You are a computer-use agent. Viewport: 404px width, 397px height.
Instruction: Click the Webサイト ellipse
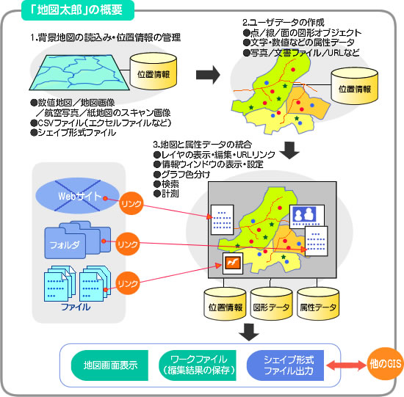(x=77, y=196)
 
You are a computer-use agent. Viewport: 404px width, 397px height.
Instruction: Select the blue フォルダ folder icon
(x=77, y=240)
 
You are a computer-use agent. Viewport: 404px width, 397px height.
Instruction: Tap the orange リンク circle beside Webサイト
(x=131, y=203)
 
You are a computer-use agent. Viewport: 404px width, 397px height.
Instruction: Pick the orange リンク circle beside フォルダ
(x=128, y=244)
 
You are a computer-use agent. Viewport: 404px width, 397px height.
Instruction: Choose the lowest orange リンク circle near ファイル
(x=128, y=283)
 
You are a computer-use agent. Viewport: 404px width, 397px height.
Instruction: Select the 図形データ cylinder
(x=271, y=304)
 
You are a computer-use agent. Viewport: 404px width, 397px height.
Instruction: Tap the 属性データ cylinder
(x=318, y=304)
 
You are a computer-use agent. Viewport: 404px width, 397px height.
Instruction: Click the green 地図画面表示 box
(x=109, y=365)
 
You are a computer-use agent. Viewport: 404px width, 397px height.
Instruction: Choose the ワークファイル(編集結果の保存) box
(x=198, y=365)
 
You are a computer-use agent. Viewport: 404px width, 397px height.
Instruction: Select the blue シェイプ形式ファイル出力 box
(x=285, y=365)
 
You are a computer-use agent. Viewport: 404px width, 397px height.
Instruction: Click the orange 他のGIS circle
(x=386, y=364)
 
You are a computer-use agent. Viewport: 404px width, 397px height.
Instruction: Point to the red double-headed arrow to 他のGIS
(x=346, y=365)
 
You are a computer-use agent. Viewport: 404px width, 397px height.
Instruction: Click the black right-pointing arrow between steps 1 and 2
(x=208, y=75)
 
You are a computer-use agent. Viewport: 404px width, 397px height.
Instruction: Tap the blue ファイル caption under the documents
(x=76, y=307)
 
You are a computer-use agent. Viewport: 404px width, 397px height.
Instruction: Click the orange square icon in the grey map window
(x=233, y=263)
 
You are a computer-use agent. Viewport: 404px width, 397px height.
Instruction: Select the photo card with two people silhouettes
(x=306, y=216)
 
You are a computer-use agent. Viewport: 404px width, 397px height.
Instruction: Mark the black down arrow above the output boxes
(x=248, y=332)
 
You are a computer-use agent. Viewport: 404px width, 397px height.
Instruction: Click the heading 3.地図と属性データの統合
(x=202, y=145)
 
